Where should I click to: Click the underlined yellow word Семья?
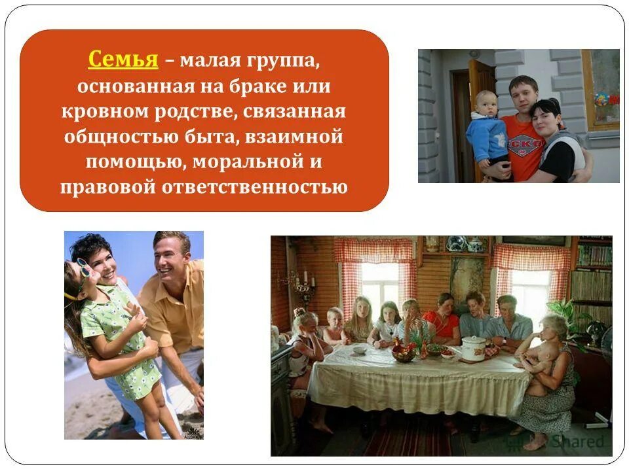(x=123, y=60)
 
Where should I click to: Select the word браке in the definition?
(x=252, y=86)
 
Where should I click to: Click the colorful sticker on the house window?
(x=601, y=99)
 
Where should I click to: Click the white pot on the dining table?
(x=473, y=347)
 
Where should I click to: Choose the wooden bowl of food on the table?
(x=404, y=355)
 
